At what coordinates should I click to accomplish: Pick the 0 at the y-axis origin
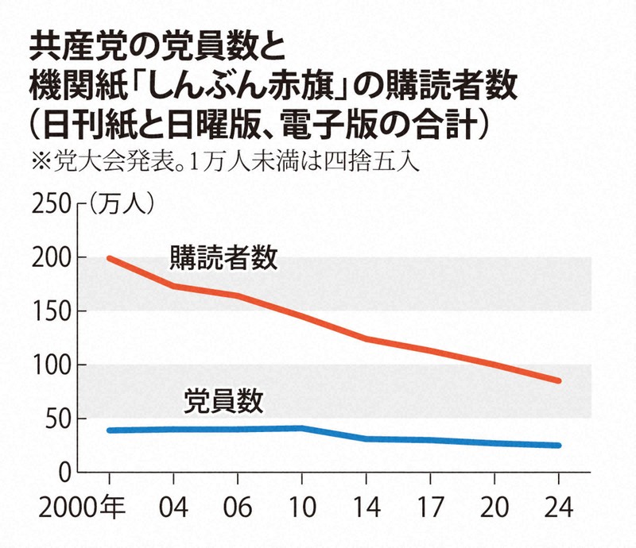(65, 473)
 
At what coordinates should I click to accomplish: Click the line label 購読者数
(223, 258)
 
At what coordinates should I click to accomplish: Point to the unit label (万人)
(118, 204)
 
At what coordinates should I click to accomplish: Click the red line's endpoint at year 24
(558, 381)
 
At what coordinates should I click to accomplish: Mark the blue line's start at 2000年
(109, 430)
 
